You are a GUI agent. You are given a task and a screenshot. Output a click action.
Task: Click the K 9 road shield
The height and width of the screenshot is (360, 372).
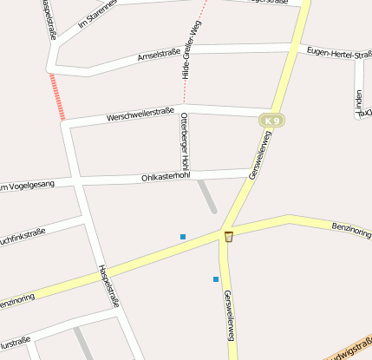272,120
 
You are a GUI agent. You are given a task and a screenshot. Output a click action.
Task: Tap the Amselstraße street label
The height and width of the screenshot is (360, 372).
160,56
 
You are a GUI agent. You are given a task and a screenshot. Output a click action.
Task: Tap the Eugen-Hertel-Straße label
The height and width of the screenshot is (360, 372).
339,54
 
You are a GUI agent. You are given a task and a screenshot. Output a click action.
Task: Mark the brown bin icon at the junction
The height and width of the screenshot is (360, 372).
229,237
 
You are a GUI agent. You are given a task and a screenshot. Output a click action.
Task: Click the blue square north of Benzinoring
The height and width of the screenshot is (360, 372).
182,237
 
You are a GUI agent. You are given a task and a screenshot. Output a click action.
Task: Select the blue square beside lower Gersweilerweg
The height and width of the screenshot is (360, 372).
216,278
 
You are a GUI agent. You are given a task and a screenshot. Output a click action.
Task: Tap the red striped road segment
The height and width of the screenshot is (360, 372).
58,96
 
